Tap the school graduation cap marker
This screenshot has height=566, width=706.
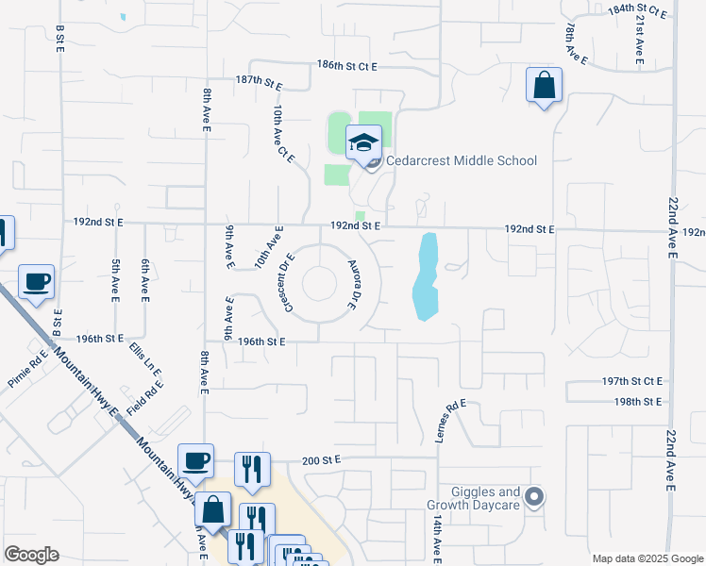coord(363,143)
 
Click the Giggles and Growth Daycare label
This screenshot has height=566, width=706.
coord(473,498)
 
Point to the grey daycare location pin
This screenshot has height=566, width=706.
coord(534,496)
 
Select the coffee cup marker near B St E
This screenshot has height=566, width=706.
coord(36,281)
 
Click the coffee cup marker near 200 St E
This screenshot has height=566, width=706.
coord(195,461)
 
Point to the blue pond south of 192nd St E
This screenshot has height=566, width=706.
coord(426,278)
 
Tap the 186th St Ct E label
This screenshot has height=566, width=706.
coord(346,67)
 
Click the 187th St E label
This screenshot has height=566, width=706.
coord(260,81)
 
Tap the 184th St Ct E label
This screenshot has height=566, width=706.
coord(638,9)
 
